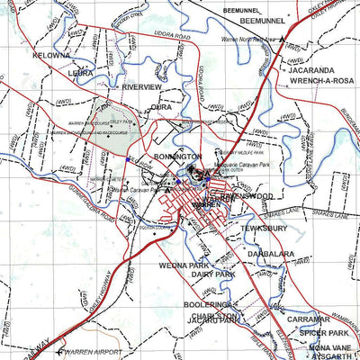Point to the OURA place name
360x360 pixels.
[161, 107]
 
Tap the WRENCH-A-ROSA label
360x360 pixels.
[319, 82]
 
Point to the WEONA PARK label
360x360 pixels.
[184, 265]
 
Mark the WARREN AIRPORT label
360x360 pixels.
[95, 352]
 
